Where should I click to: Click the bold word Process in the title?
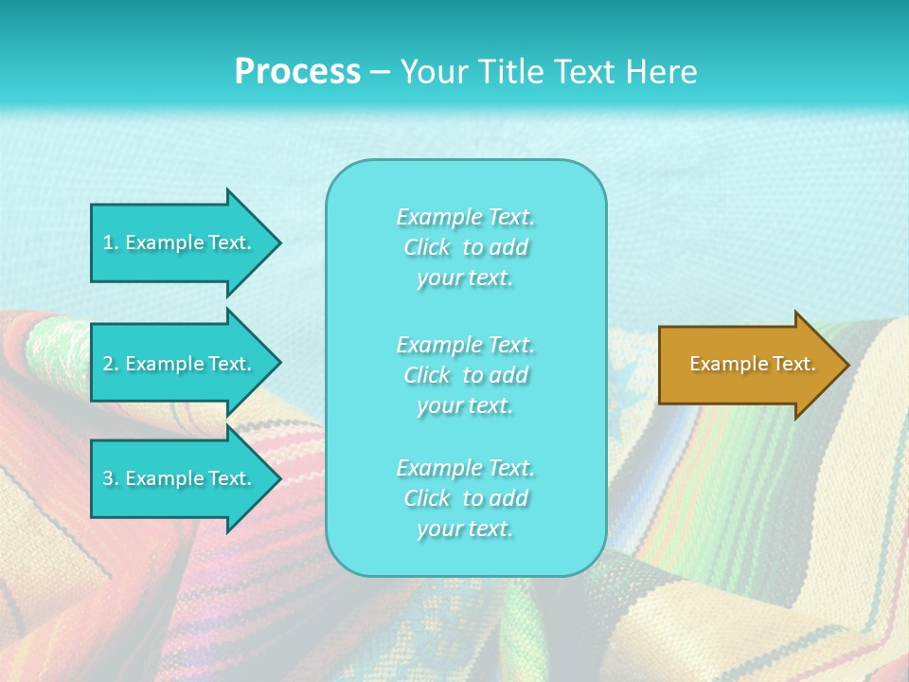297,72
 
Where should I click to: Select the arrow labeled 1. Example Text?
180,242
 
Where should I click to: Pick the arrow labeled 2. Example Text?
180,364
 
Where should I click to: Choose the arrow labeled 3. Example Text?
180,478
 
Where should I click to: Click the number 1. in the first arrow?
111,242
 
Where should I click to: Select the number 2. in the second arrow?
111,364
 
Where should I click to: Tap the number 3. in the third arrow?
111,478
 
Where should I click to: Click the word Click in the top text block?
427,247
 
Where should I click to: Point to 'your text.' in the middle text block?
465,405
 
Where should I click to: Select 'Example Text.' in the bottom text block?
465,468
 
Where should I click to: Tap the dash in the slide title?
380,72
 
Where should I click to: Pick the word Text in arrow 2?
227,364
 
